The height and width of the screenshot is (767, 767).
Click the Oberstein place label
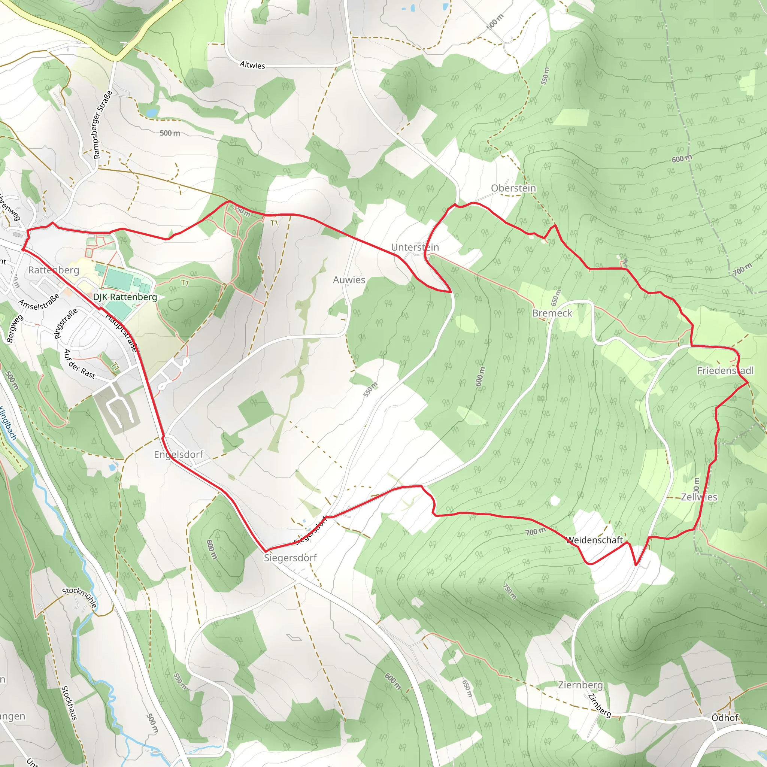[513, 188]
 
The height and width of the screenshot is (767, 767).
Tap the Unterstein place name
[415, 247]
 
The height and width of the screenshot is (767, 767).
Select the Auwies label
[349, 280]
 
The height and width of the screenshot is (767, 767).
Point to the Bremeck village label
[552, 313]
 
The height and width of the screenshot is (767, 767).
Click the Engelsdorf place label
[178, 455]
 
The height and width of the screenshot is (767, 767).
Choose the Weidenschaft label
[594, 540]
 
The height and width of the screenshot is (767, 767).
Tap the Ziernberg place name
[580, 685]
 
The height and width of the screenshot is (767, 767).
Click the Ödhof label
[725, 718]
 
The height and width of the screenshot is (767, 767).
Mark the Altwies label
[252, 65]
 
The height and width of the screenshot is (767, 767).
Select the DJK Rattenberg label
[125, 297]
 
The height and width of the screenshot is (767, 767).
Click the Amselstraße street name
[39, 302]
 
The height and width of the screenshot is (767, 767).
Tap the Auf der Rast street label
[79, 364]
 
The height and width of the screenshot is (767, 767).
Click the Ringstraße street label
[66, 324]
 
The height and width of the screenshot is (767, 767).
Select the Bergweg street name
[15, 328]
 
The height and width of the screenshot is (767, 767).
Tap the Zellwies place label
[699, 497]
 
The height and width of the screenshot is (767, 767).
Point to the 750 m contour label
[509, 591]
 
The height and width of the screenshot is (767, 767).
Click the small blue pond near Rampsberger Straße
[152, 113]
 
